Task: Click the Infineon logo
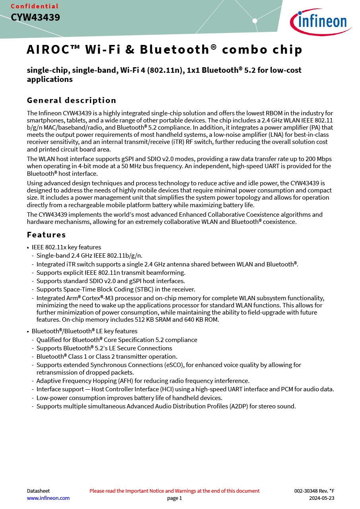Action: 321,21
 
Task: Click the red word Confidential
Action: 35,6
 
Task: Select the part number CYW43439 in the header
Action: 35,17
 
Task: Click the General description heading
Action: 72,100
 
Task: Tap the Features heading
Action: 46,235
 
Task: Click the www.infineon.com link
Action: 48,498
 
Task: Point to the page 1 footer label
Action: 174,498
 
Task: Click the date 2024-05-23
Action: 322,498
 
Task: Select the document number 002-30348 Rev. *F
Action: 314,491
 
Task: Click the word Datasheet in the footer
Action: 38,491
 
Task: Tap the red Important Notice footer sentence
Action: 174,491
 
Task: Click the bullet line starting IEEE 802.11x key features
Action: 66,247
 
